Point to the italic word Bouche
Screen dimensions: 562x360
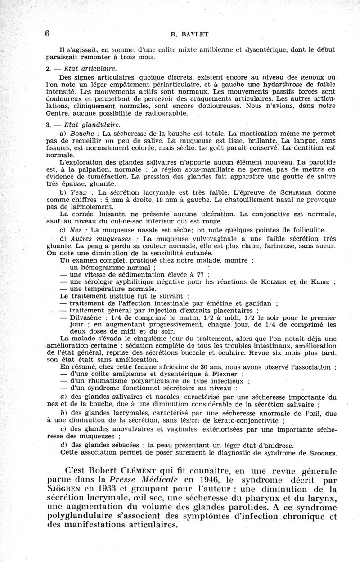(82, 134)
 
